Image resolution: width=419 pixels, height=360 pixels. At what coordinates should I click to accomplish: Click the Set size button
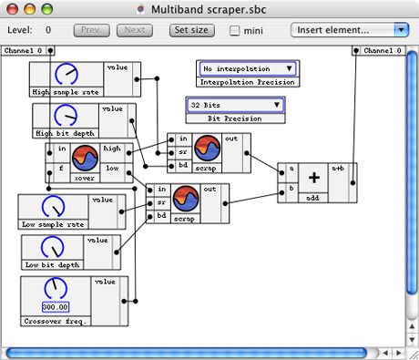[191, 30]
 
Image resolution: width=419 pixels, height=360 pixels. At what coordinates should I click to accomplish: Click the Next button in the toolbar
[134, 30]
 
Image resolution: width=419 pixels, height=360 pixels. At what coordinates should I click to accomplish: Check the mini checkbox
[235, 31]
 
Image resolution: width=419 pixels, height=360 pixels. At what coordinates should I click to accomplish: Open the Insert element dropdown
[350, 30]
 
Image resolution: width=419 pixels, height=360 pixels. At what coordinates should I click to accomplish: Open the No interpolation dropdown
[248, 68]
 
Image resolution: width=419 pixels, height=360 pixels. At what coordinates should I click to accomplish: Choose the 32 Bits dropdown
[236, 105]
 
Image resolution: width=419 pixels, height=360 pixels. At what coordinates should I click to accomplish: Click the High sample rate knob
[66, 74]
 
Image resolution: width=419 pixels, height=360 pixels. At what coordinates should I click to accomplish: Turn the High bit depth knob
[66, 116]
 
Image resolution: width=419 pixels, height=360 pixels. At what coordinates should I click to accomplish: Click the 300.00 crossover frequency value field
[56, 307]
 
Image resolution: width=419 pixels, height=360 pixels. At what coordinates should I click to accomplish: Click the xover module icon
[85, 157]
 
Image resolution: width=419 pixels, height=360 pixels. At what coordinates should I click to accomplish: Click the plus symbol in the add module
[314, 180]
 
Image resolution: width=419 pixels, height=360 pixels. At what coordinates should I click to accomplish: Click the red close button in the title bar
[11, 9]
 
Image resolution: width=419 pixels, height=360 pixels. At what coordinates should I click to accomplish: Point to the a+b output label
[338, 168]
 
